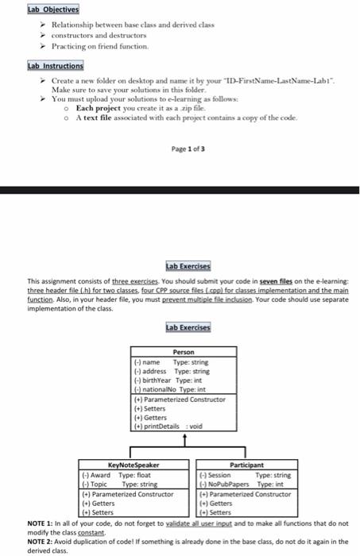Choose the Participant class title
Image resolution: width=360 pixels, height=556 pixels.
245,465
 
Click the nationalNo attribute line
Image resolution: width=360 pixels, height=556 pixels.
167,389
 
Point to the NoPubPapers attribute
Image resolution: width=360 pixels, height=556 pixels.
242,484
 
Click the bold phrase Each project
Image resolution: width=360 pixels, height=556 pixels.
99,106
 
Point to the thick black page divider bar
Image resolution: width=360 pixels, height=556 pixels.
180,191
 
